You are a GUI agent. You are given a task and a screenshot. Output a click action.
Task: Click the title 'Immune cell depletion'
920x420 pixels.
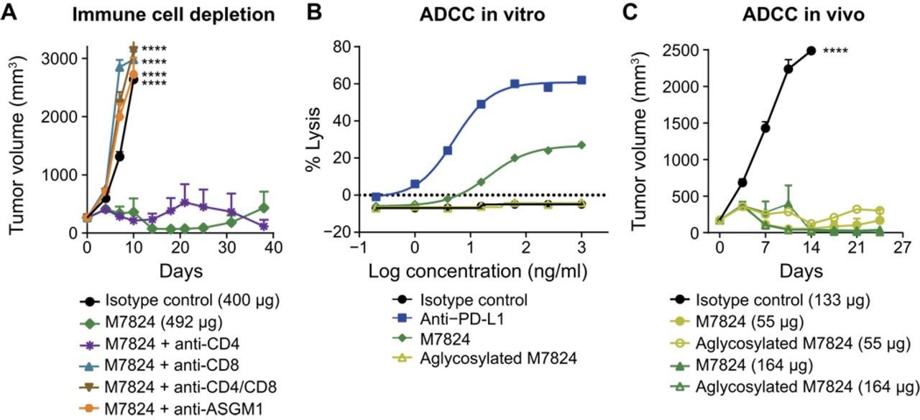[165, 14]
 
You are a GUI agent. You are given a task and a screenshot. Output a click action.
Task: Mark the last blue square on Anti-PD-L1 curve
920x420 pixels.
[581, 81]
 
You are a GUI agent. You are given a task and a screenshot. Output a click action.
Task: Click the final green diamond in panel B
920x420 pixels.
[581, 145]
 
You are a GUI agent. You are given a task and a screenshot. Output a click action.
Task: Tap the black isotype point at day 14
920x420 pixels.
[811, 50]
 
